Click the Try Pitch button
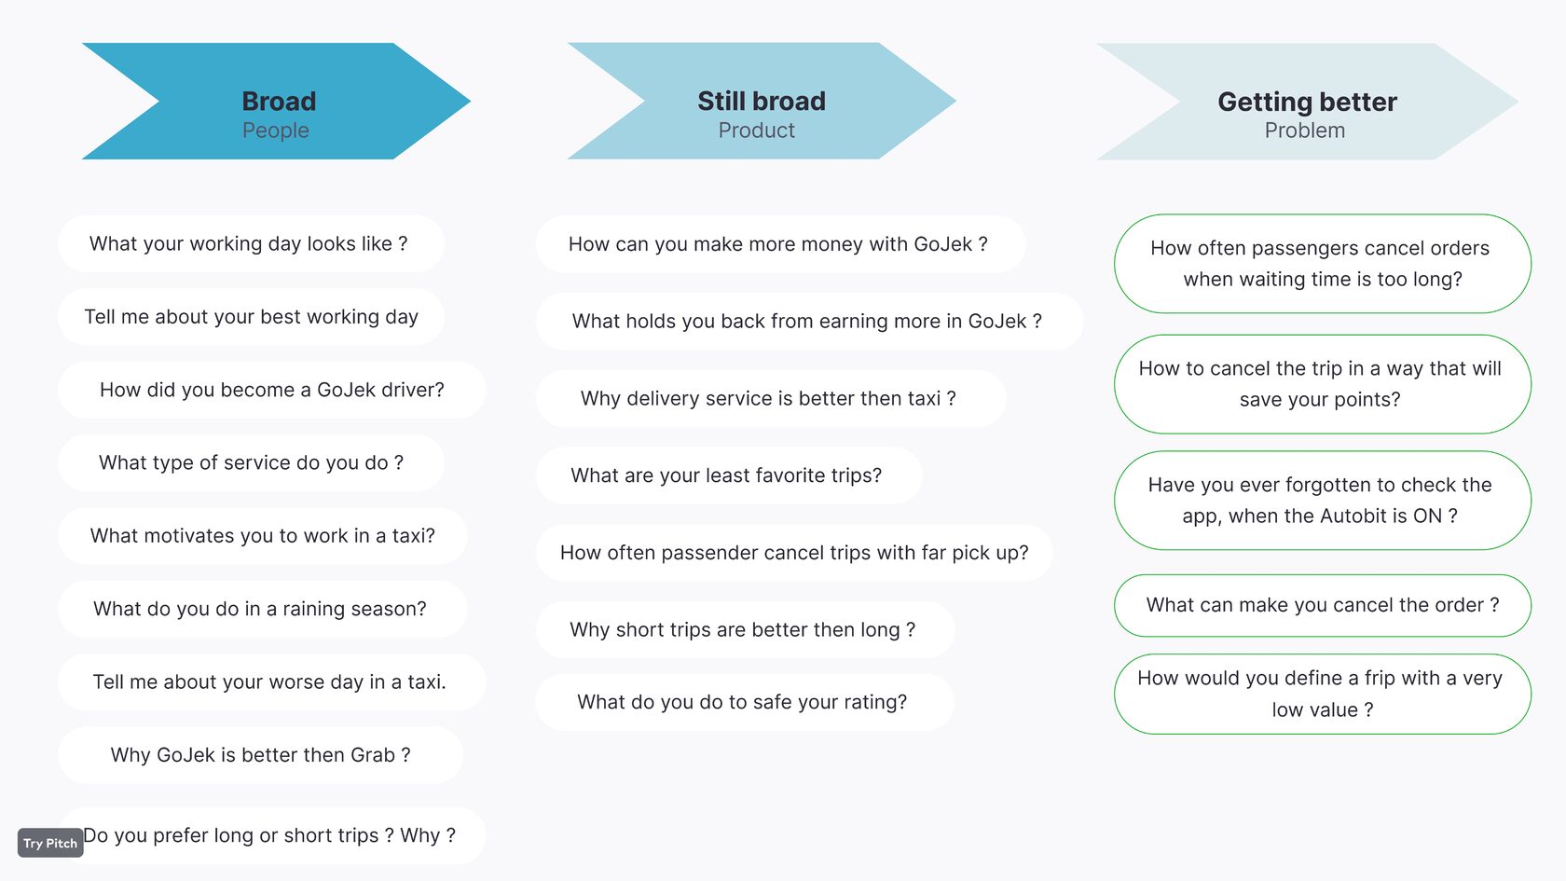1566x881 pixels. (x=50, y=843)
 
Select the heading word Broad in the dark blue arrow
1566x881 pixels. (x=279, y=102)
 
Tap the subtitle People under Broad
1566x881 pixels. (x=276, y=131)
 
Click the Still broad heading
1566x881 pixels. (x=762, y=102)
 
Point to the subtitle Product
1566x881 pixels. (x=757, y=131)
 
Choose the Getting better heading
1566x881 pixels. (x=1307, y=103)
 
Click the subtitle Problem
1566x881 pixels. (x=1305, y=131)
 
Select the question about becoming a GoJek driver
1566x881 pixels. (x=272, y=390)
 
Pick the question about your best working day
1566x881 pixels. (x=251, y=317)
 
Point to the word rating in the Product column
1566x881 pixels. (x=874, y=702)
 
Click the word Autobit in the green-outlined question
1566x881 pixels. (x=1354, y=516)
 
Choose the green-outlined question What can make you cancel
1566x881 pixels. (x=1323, y=606)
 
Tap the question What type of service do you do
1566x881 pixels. (x=251, y=462)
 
